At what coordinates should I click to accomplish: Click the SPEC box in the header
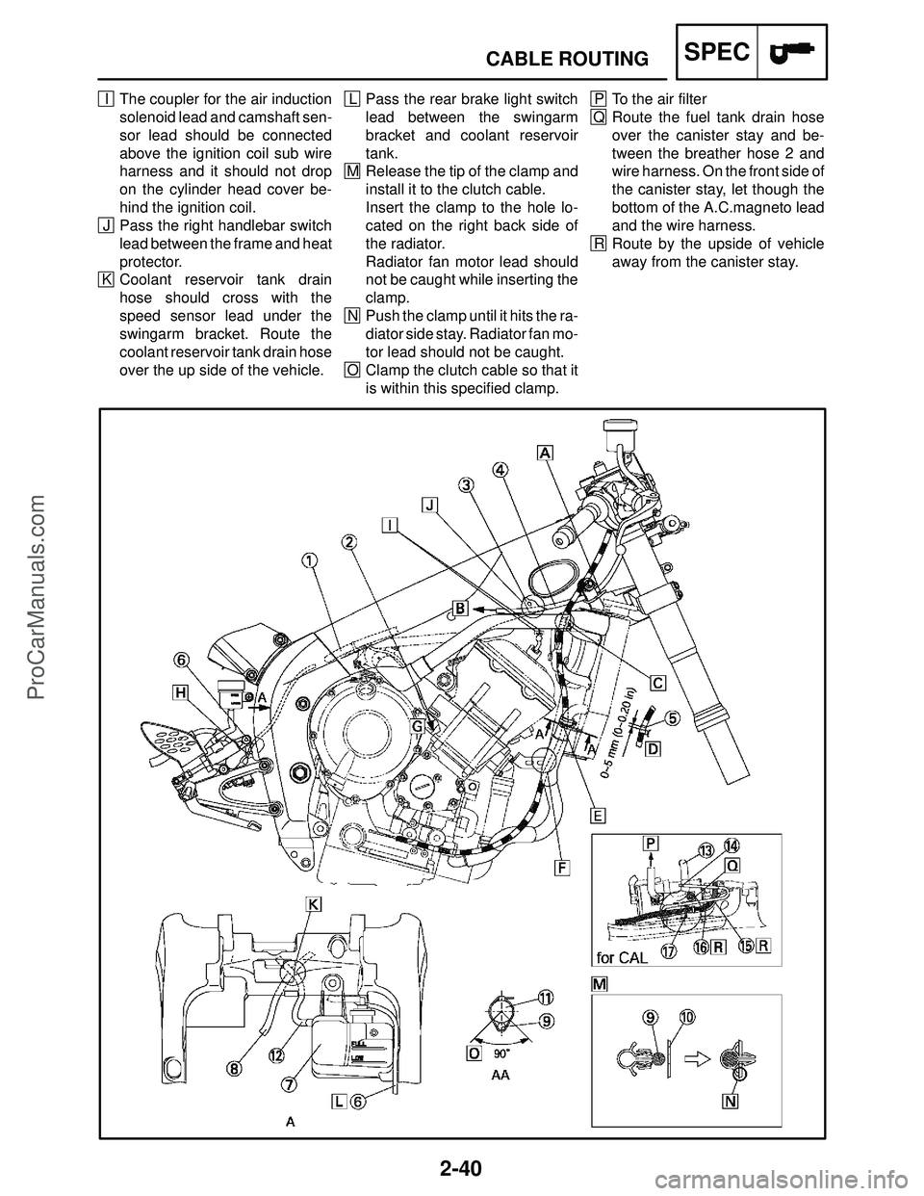click(717, 52)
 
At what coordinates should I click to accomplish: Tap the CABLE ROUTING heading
click(567, 58)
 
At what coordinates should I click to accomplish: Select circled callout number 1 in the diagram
click(310, 560)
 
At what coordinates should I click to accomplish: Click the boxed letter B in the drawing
click(460, 609)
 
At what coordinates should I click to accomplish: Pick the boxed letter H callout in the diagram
click(180, 693)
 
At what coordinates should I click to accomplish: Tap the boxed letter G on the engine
click(418, 726)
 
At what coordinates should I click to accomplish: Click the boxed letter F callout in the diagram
click(562, 868)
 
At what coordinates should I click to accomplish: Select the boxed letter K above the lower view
click(313, 904)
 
